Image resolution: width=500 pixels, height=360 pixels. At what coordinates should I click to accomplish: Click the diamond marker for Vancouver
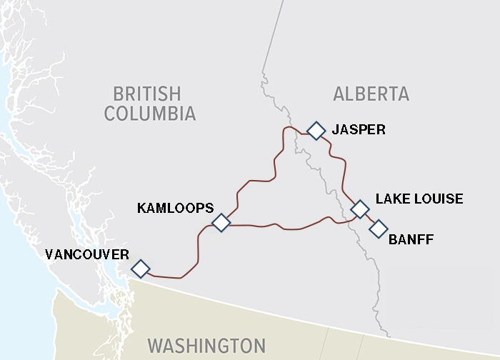[x=141, y=269]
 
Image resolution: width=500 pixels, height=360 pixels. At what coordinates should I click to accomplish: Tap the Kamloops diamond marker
[x=221, y=223]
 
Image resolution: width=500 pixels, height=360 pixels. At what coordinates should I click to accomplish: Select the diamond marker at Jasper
[x=316, y=131]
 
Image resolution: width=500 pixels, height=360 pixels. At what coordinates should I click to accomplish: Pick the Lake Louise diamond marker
[x=360, y=209]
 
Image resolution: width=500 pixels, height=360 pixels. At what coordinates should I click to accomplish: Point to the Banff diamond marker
[x=378, y=229]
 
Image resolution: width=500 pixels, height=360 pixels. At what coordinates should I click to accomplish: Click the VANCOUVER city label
[x=86, y=254]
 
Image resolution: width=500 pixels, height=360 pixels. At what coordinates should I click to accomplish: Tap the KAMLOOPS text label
[x=175, y=208]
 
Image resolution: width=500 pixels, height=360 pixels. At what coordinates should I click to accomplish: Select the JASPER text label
[x=359, y=130]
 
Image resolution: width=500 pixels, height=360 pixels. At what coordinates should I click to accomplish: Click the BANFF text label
[x=411, y=239]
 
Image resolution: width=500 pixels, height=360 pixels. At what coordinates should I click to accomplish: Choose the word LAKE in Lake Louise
[x=391, y=199]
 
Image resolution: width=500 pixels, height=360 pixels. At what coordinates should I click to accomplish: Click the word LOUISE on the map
[x=439, y=199]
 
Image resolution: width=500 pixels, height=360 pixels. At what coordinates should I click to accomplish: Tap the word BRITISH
[x=147, y=94]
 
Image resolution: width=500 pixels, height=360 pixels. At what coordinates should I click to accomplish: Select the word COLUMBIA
[x=149, y=114]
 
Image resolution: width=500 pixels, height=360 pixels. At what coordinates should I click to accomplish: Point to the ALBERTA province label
[x=371, y=94]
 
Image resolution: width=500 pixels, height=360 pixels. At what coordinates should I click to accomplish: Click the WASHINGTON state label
[x=206, y=346]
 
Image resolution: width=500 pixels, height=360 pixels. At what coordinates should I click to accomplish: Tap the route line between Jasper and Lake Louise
[x=345, y=171]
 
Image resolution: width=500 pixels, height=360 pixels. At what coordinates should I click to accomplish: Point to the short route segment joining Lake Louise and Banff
[x=369, y=219]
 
